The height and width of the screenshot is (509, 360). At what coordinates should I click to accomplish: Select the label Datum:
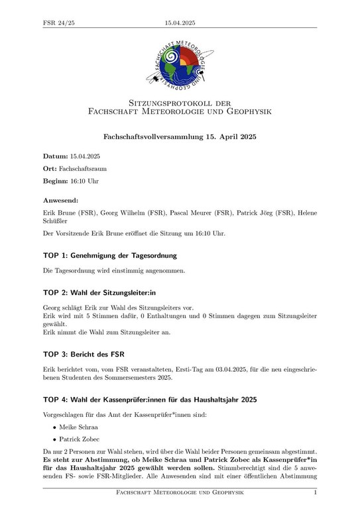click(x=56, y=156)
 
